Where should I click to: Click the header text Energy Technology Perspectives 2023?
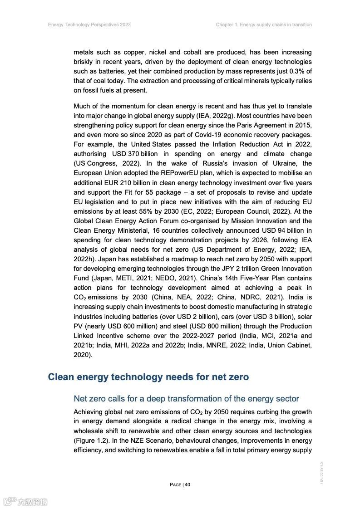[x=89, y=24]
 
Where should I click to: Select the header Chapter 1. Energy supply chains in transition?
[x=264, y=24]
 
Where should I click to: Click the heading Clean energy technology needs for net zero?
[x=148, y=377]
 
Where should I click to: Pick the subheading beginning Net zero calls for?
[x=186, y=399]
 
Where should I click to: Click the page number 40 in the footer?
[x=187, y=485]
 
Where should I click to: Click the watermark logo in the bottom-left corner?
[x=25, y=501]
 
